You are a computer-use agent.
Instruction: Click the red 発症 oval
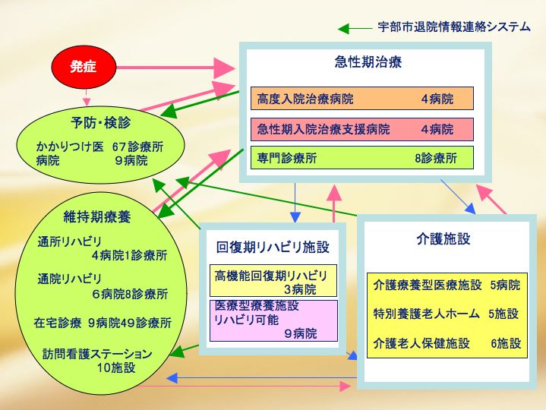coord(84,67)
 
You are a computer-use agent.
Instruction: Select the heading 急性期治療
coord(368,62)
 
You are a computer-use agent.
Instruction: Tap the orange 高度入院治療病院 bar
coord(362,99)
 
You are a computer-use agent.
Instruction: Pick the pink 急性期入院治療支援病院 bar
coord(362,129)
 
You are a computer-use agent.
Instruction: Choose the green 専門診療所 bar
coord(362,158)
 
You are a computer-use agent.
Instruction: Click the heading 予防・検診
coord(101,122)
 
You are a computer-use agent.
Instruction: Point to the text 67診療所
coord(138,147)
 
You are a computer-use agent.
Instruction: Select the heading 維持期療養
coord(97,216)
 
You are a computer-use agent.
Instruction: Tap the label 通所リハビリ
coord(69,241)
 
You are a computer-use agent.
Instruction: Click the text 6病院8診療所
coord(130,294)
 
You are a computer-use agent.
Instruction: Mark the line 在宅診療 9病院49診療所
coord(103,323)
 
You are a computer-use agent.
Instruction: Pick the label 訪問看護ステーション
coord(97,354)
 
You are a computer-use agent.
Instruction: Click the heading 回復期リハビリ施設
coord(273,247)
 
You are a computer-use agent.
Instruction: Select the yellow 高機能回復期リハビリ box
coord(273,280)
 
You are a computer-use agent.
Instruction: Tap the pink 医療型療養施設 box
coord(273,320)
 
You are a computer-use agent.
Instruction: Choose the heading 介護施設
coord(443,238)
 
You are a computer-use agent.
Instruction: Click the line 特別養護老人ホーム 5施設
coord(446,314)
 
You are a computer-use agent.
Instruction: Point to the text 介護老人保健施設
coord(421,343)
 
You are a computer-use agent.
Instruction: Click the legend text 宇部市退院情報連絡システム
coord(454,27)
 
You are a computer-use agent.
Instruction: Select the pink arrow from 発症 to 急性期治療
coord(176,68)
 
